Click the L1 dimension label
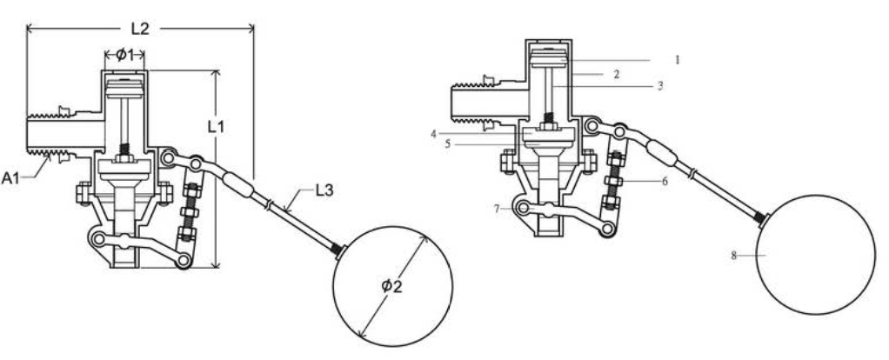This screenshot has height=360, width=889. click(x=217, y=126)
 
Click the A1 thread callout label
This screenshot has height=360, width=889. click(x=11, y=178)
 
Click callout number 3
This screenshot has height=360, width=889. click(x=660, y=87)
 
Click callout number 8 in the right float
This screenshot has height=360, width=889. click(x=736, y=256)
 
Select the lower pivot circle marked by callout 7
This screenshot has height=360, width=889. click(x=524, y=208)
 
